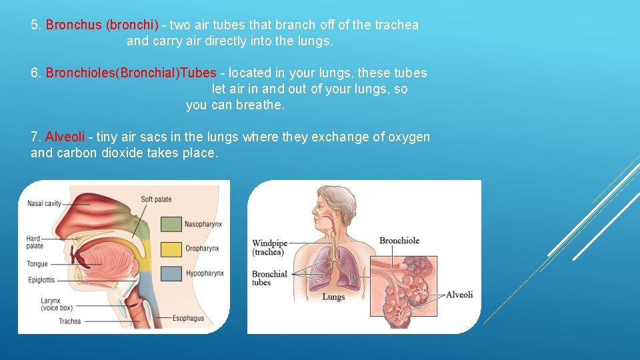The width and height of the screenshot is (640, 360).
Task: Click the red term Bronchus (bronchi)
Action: click(x=102, y=25)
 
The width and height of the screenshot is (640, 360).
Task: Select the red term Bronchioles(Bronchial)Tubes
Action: click(x=131, y=73)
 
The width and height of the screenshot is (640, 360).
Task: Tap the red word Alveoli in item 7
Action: click(x=65, y=137)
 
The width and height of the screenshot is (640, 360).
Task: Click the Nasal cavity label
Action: click(x=44, y=203)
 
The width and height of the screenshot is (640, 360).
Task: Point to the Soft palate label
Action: click(x=156, y=199)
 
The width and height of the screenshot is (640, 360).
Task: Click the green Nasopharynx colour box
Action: click(x=171, y=225)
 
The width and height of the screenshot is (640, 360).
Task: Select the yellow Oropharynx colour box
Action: click(x=171, y=249)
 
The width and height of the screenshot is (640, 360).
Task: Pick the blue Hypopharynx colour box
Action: click(x=171, y=273)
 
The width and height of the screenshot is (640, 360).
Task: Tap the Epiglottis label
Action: click(x=41, y=280)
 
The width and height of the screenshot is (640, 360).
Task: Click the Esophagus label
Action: click(x=188, y=318)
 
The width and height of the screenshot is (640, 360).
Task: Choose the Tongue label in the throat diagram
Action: click(x=37, y=264)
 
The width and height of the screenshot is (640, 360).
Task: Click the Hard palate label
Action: click(x=35, y=243)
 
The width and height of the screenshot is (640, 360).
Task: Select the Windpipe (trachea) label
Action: click(x=269, y=247)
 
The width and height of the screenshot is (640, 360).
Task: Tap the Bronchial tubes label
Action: click(x=269, y=278)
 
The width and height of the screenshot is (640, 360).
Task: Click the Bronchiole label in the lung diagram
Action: click(x=399, y=241)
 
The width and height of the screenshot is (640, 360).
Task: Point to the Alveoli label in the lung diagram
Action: click(x=459, y=295)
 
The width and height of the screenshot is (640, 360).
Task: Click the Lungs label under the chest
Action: click(x=333, y=297)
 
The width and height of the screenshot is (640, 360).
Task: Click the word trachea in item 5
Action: click(x=397, y=25)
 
